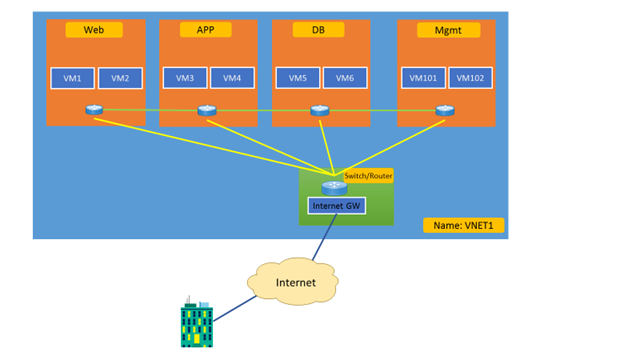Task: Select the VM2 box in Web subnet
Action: point(120,78)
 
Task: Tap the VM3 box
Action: point(185,78)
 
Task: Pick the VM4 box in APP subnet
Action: point(232,78)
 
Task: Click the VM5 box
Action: point(298,78)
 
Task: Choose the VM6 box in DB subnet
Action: point(345,78)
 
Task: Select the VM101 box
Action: point(424,78)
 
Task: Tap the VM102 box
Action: point(471,78)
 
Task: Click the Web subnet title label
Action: point(94,30)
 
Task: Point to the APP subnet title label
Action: point(206,30)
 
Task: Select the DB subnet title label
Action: point(319,30)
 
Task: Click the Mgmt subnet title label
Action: point(448,30)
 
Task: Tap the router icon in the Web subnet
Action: point(94,110)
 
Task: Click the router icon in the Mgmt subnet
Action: point(445,110)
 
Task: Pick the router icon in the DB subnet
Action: point(319,110)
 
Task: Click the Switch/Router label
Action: point(368,175)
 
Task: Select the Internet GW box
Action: point(336,206)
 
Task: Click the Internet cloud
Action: point(295,283)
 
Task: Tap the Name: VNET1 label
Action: point(463,226)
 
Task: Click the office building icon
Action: point(197,324)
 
